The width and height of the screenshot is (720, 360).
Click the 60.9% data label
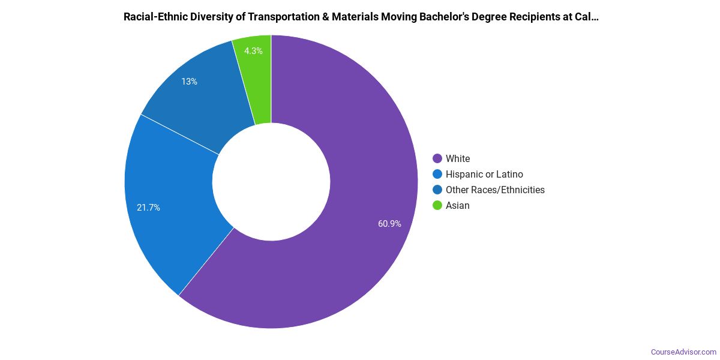tap(389, 224)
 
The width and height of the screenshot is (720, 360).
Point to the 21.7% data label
tap(148, 208)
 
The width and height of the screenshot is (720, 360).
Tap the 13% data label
tap(190, 82)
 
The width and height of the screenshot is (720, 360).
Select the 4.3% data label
tap(253, 51)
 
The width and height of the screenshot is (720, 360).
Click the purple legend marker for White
tap(437, 158)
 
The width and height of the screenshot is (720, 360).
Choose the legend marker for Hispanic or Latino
tap(437, 174)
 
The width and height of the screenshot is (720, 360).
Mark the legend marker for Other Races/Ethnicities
tap(437, 190)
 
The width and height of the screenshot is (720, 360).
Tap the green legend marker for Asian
tap(437, 205)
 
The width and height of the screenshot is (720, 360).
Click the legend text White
tap(458, 158)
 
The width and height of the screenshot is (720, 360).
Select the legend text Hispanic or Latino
tap(484, 174)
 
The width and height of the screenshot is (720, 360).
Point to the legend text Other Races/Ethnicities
tap(495, 190)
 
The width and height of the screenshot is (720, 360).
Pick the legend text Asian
tap(458, 205)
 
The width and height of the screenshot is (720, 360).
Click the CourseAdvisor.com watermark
tap(683, 352)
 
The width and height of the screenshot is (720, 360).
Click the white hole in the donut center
tap(271, 182)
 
